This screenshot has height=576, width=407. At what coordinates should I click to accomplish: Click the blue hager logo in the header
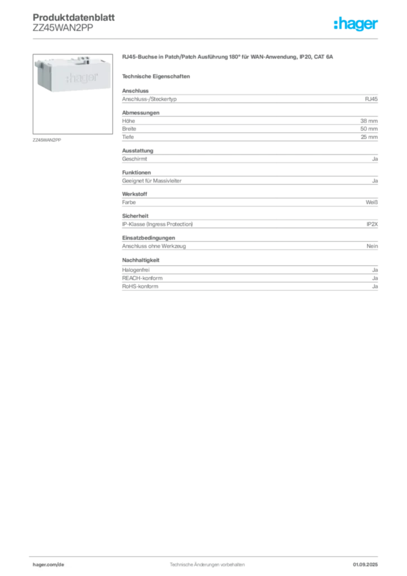[x=356, y=25]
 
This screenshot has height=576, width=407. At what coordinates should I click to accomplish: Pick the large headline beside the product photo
[x=229, y=58]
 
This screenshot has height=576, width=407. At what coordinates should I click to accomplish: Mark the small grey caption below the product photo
[x=47, y=139]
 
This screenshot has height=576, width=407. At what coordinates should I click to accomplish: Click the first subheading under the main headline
[x=158, y=76]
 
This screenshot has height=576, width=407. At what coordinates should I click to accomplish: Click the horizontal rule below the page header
[x=206, y=38]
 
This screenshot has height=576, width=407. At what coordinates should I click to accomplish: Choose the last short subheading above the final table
[x=142, y=260]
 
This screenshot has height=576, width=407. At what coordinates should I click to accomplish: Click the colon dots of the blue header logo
[x=334, y=25]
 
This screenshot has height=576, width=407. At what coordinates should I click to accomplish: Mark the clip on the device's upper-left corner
[x=39, y=63]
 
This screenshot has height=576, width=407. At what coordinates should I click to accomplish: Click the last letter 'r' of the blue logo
[x=377, y=26]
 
